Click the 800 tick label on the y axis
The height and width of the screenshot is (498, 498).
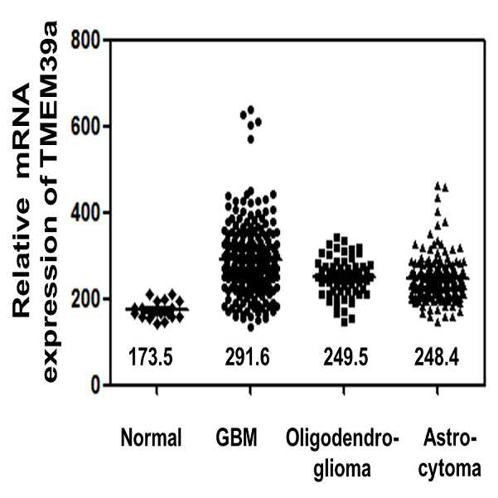(x=85, y=41)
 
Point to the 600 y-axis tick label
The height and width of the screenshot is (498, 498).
(x=85, y=127)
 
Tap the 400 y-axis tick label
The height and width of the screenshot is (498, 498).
(x=85, y=212)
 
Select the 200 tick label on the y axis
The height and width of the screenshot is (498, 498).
(x=85, y=299)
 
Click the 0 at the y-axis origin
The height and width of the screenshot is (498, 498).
(x=94, y=385)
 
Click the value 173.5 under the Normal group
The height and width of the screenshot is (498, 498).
(x=151, y=356)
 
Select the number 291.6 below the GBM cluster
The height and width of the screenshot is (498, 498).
(x=247, y=356)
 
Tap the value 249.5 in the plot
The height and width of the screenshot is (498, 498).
(x=346, y=356)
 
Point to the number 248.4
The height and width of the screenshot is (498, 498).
(x=437, y=356)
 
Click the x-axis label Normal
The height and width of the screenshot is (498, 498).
(x=151, y=438)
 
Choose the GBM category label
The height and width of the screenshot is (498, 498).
(x=237, y=438)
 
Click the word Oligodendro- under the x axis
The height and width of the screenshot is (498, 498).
(x=342, y=438)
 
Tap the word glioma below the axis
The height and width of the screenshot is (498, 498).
(x=342, y=468)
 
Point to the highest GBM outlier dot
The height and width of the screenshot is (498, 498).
(x=251, y=109)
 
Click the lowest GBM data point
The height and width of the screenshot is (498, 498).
(x=251, y=327)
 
